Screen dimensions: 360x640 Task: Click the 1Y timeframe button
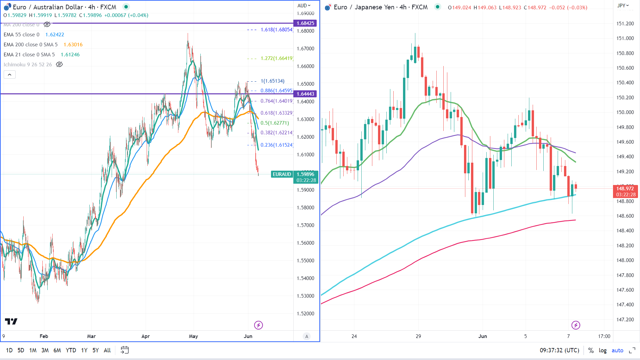point(84,350)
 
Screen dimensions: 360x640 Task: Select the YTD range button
point(71,350)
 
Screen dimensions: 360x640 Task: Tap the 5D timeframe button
point(21,350)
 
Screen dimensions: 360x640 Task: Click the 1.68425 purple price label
point(305,23)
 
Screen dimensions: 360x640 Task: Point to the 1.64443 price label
point(305,94)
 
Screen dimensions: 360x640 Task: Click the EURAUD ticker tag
point(282,174)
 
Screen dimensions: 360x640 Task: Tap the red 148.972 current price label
point(625,189)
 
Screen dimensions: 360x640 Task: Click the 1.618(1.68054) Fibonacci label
point(277,30)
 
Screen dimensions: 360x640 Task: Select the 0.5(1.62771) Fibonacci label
point(275,123)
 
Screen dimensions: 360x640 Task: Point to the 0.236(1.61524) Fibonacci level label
point(277,145)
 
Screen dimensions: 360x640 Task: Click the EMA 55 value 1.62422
point(55,35)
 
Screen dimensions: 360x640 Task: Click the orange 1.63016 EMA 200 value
point(73,45)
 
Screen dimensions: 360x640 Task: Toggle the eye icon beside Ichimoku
point(59,65)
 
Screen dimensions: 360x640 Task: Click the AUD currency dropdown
point(304,6)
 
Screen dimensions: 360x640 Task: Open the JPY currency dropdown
point(623,6)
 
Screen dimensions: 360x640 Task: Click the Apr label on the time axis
point(145,336)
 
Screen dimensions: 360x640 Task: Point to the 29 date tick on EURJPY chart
point(418,336)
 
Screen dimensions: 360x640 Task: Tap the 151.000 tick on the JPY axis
point(625,38)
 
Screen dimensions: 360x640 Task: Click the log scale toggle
point(602,350)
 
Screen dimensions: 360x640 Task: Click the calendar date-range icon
point(125,350)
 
